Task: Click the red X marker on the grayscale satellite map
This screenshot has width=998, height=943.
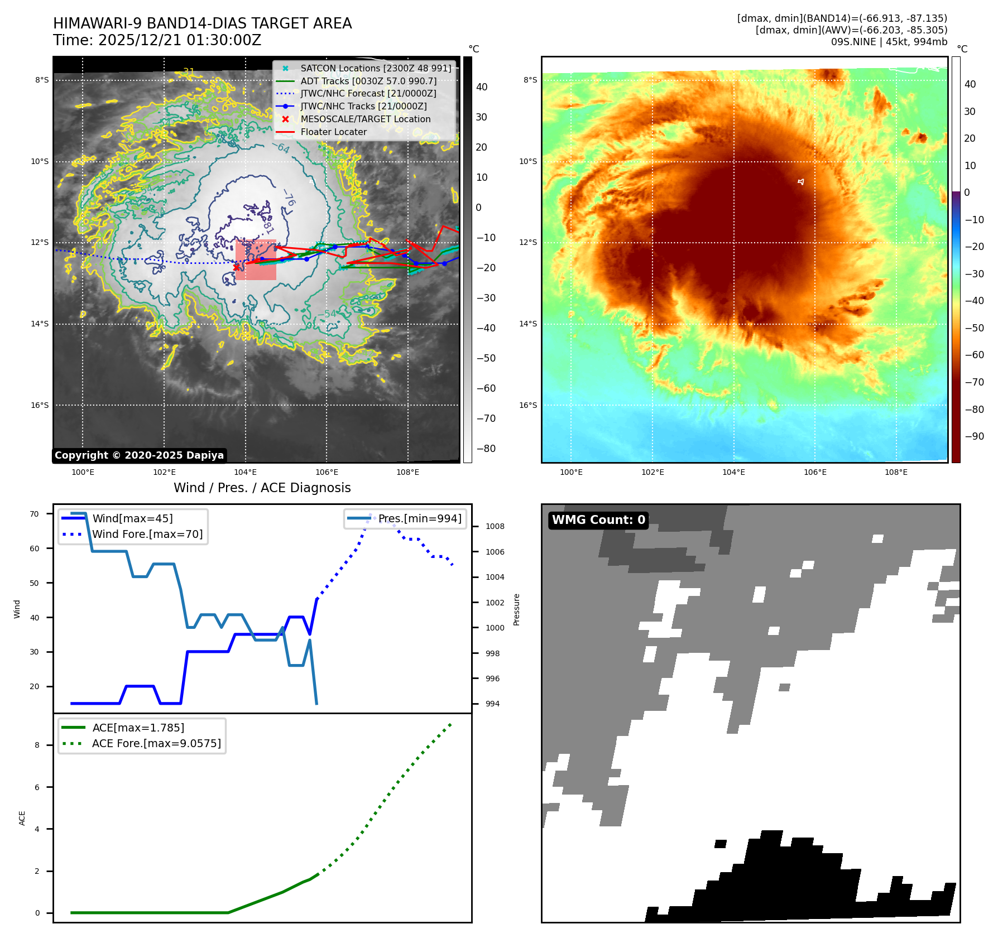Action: click(237, 267)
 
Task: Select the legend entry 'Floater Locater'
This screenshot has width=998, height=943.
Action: click(333, 132)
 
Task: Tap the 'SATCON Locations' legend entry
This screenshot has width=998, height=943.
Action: click(376, 69)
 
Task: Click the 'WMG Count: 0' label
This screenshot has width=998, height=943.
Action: click(598, 520)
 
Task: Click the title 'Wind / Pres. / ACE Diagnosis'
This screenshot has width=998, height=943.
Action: click(262, 488)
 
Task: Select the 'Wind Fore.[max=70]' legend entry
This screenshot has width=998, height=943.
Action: click(147, 534)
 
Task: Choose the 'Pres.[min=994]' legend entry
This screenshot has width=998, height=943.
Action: click(420, 518)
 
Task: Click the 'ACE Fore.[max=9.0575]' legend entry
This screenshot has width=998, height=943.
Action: click(156, 743)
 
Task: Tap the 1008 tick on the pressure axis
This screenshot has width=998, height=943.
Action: click(495, 526)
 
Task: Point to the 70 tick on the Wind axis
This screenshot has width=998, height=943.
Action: click(35, 514)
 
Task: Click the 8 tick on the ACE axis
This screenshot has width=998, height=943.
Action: click(37, 745)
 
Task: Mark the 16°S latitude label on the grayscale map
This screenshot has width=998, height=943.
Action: click(40, 405)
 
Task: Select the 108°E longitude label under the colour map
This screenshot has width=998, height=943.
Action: click(896, 472)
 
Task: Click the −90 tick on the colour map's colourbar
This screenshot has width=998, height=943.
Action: click(974, 436)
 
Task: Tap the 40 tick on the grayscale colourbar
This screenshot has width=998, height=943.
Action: click(481, 87)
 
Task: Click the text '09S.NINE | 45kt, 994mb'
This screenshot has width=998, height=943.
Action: click(889, 42)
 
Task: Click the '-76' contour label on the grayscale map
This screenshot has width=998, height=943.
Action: click(289, 198)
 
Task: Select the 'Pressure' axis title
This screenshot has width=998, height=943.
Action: click(516, 609)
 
